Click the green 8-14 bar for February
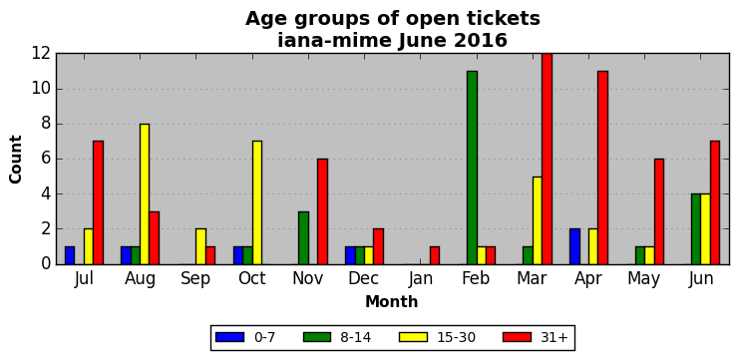tap(472, 168)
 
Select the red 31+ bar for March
tap(547, 160)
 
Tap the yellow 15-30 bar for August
tap(145, 193)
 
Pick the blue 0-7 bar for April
tap(574, 246)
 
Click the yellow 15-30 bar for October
tap(257, 202)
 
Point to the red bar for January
tap(435, 255)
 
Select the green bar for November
tap(303, 238)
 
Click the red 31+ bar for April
tap(603, 168)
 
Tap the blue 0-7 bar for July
tap(70, 255)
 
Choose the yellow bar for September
tap(200, 246)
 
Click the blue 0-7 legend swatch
tap(229, 337)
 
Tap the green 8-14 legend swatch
tap(318, 337)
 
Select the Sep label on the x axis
tap(195, 278)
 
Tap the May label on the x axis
tap(644, 279)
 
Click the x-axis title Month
tap(392, 301)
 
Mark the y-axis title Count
tap(16, 160)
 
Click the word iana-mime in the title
tap(334, 41)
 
